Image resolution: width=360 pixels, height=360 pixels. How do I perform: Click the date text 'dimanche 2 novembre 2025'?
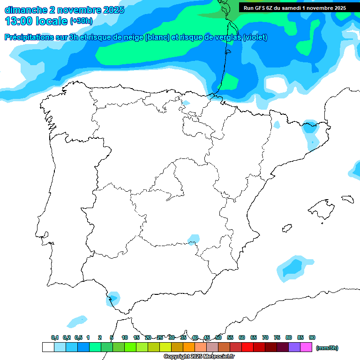pos(65,10)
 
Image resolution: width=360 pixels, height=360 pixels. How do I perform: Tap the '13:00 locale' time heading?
pos(36,21)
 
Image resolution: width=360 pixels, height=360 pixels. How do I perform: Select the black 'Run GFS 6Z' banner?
pos(295,8)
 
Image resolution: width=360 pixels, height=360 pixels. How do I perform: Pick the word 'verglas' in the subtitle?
pos(224,37)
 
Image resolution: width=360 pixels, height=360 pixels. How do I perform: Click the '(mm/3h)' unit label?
pos(327,348)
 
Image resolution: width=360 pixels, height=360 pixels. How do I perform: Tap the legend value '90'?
pos(312,337)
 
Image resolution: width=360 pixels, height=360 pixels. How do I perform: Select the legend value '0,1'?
pos(55,337)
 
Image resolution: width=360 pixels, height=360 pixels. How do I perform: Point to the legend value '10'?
pos(125,337)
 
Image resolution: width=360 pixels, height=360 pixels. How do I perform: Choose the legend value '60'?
pos(242,337)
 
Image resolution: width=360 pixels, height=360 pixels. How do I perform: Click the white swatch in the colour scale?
pos(48,347)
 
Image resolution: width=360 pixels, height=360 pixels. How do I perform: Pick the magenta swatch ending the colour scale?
pos(306,347)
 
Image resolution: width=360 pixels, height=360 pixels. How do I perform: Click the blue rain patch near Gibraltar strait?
pos(112,298)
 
